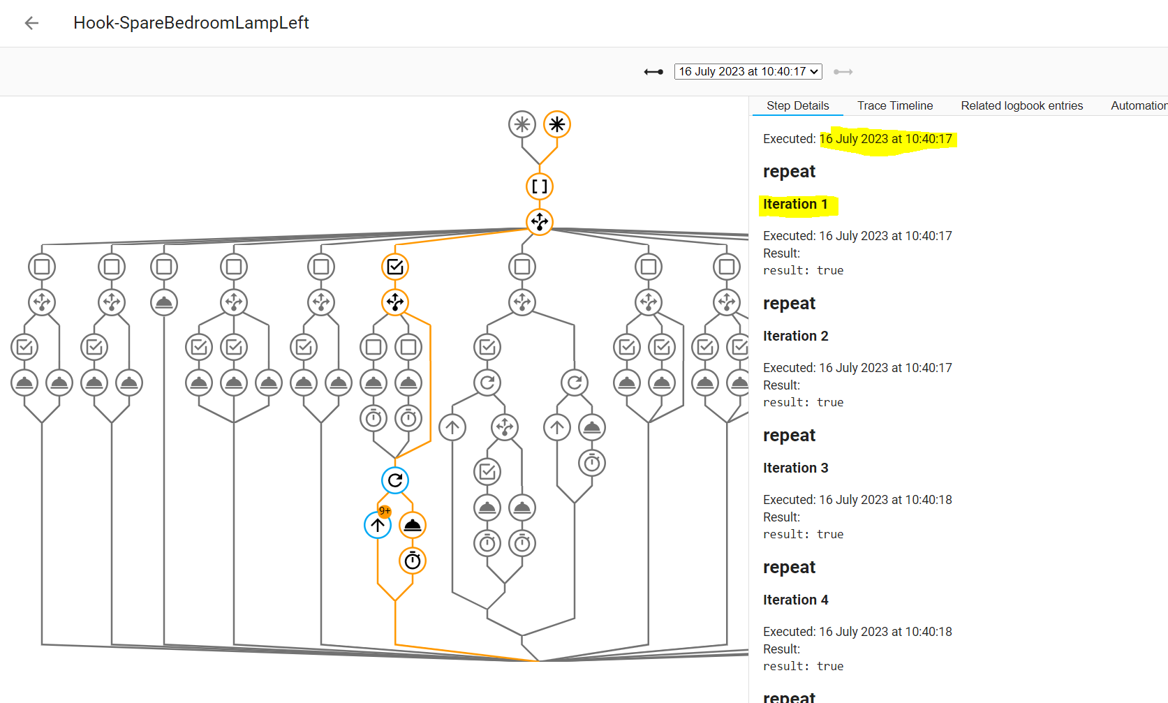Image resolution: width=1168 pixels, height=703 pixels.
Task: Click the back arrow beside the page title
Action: (x=31, y=23)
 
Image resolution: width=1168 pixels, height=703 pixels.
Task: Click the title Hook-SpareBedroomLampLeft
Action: (x=191, y=23)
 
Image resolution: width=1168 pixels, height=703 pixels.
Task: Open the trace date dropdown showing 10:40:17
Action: (x=748, y=71)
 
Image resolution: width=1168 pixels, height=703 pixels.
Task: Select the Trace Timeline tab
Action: (x=894, y=105)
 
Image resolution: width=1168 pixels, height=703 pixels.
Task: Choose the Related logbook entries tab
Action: (x=1021, y=105)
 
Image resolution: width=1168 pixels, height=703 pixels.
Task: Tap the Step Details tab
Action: (x=797, y=105)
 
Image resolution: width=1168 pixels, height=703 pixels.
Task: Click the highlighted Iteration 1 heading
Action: (x=795, y=204)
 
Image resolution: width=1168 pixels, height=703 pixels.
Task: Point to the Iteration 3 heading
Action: (x=795, y=468)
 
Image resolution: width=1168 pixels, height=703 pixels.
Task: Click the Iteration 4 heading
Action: (x=795, y=600)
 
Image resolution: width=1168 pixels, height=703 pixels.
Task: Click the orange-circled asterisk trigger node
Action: (x=557, y=125)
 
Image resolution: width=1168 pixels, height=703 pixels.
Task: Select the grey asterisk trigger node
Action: (x=522, y=125)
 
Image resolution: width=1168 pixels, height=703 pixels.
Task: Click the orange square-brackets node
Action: (x=540, y=186)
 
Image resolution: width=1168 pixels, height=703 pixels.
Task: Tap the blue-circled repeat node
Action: (x=395, y=480)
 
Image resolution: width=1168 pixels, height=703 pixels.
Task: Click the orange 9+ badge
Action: (x=385, y=511)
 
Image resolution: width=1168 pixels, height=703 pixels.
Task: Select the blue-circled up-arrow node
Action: (x=377, y=526)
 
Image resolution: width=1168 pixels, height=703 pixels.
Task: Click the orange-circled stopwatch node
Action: (x=413, y=561)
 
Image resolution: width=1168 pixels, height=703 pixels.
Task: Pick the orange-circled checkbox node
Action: (x=395, y=267)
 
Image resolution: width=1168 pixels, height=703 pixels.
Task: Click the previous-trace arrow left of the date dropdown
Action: (x=653, y=72)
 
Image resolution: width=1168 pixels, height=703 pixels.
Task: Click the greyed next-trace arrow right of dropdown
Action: (x=843, y=72)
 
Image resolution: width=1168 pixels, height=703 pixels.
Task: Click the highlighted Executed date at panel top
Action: (x=885, y=139)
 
